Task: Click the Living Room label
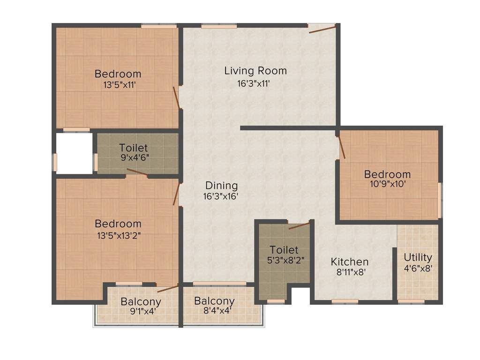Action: (x=255, y=71)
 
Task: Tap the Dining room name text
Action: (x=222, y=186)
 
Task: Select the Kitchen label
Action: (x=350, y=262)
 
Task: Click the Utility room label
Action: (x=418, y=257)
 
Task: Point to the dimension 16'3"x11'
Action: (x=254, y=84)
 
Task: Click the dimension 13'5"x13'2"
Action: (x=118, y=236)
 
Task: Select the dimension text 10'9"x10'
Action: (x=387, y=184)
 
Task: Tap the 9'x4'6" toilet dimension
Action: (x=135, y=158)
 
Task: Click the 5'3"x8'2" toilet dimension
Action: (x=284, y=261)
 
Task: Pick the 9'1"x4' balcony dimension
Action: (x=141, y=311)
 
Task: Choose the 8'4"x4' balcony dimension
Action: (x=214, y=310)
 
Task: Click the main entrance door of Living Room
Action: (x=322, y=29)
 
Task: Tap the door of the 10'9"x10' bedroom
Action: (x=342, y=146)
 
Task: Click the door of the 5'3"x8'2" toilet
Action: (x=299, y=225)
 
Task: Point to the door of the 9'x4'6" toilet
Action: (x=137, y=172)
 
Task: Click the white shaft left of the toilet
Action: (x=74, y=153)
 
